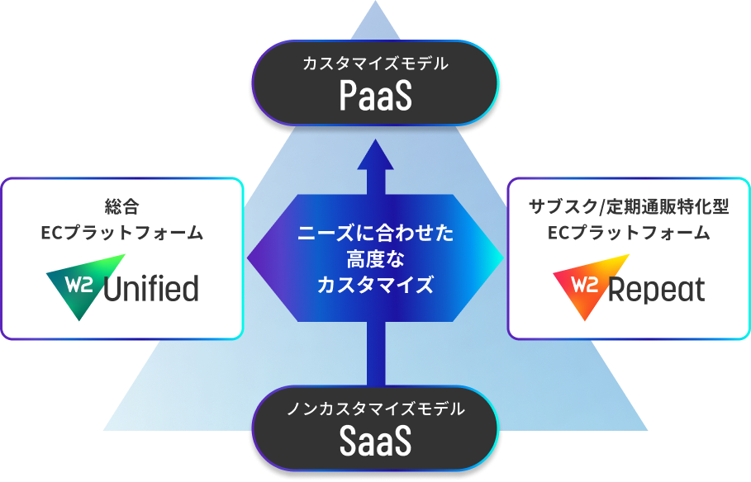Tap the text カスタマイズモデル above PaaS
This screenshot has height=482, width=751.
tap(375, 64)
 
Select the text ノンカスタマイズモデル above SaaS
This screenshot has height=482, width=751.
tap(375, 409)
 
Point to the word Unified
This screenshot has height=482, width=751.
tap(151, 289)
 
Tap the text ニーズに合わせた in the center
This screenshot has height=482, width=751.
tap(375, 234)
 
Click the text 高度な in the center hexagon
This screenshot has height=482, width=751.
tap(375, 260)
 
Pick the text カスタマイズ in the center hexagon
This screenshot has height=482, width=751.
tap(375, 286)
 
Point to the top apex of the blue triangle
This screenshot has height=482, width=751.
tap(375, 5)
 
